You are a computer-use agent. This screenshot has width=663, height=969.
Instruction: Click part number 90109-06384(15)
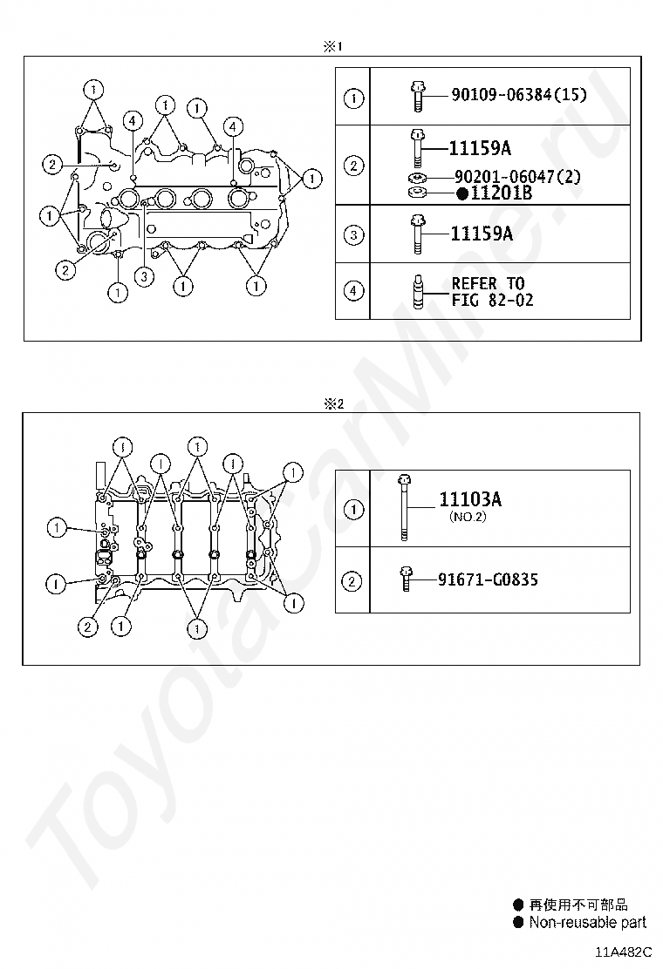tap(519, 95)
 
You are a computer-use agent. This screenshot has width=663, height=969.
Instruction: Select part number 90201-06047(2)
tap(517, 177)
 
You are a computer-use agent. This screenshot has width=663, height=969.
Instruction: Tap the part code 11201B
tap(502, 193)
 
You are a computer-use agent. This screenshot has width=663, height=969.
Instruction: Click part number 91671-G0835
tap(488, 579)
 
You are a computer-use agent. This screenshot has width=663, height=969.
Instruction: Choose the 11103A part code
tap(470, 499)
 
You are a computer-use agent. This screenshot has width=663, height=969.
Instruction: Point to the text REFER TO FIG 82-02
tap(492, 292)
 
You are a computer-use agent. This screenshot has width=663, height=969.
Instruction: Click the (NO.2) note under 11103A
tap(468, 517)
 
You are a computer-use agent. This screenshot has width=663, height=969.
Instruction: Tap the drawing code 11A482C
tap(624, 952)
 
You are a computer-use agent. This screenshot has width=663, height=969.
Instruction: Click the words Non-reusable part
tap(588, 923)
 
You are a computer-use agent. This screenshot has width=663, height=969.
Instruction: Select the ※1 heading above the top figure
tap(332, 46)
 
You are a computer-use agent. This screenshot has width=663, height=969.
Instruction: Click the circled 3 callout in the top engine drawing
tap(144, 276)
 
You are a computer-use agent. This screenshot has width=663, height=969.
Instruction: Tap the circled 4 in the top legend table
tap(353, 290)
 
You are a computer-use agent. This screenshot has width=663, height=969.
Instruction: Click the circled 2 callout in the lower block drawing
tap(87, 627)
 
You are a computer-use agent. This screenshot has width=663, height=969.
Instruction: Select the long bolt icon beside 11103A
tap(404, 507)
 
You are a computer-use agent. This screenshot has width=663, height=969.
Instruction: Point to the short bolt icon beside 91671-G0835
tap(405, 579)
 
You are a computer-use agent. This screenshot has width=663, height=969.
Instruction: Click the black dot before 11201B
tap(462, 194)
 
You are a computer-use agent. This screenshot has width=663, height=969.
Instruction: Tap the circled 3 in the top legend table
tap(353, 234)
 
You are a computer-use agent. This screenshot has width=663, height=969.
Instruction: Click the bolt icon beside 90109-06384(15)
tap(418, 96)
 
